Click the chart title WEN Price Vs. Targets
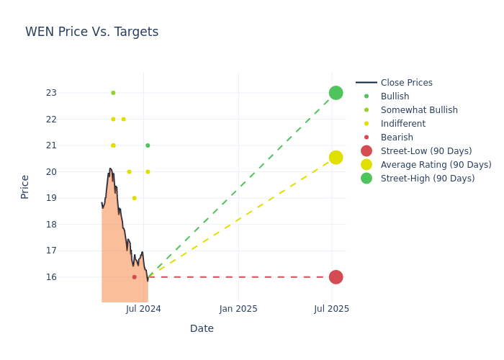91,32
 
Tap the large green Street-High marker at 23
336,93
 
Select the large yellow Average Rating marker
336,158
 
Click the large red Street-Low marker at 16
336,277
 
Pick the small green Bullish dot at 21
148,145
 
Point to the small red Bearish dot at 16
134,277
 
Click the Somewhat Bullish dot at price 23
113,93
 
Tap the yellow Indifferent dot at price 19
134,198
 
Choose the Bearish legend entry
397,138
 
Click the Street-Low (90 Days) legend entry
426,151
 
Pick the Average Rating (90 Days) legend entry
436,165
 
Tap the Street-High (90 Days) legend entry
427,179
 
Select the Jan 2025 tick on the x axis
238,309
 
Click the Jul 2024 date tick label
143,309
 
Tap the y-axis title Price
25,186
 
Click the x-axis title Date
202,329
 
